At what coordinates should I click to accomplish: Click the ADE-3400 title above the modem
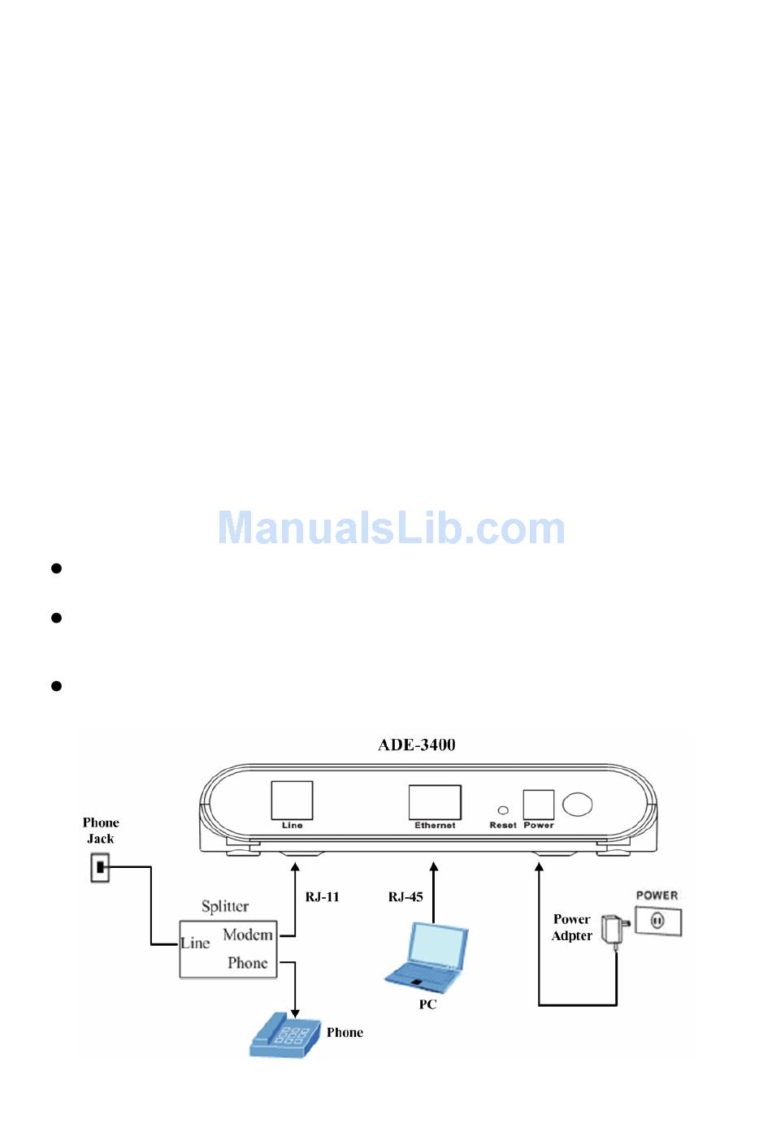point(416,745)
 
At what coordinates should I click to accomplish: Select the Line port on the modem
point(292,801)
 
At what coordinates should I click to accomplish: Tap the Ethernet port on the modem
point(435,802)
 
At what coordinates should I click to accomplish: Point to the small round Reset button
point(503,810)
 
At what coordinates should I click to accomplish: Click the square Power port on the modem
point(538,805)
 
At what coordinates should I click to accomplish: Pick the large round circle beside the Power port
point(577,804)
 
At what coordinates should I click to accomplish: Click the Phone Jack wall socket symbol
point(100,868)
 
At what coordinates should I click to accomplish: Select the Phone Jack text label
point(101,831)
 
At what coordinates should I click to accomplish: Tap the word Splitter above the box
point(225,906)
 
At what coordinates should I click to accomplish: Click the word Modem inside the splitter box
point(248,935)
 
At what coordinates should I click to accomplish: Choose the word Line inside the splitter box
point(195,943)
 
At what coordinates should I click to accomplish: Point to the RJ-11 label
point(322,897)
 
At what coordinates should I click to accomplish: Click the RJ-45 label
point(405,897)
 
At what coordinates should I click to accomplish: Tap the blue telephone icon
point(280,1035)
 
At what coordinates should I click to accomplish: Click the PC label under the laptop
point(427,1004)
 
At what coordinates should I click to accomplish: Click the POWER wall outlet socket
point(658,922)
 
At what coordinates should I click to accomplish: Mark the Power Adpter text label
point(572,927)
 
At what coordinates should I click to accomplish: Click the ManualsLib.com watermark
point(391,529)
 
